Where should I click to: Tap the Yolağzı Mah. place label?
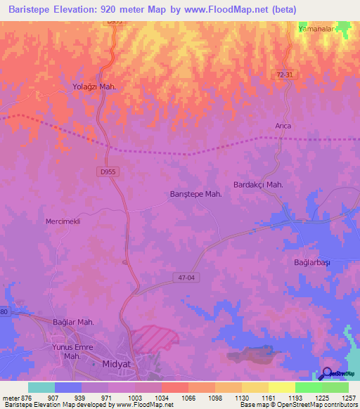point(94,86)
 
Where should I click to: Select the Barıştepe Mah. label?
point(196,194)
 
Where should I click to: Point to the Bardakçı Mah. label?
point(257,185)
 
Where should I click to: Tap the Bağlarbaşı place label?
point(311,262)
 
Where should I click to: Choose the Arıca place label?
point(283,126)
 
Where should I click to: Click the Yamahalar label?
point(314,30)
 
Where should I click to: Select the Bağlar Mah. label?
point(73,322)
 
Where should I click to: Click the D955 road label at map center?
point(106,170)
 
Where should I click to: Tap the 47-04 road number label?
point(186,278)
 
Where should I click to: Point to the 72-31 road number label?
point(283,74)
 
